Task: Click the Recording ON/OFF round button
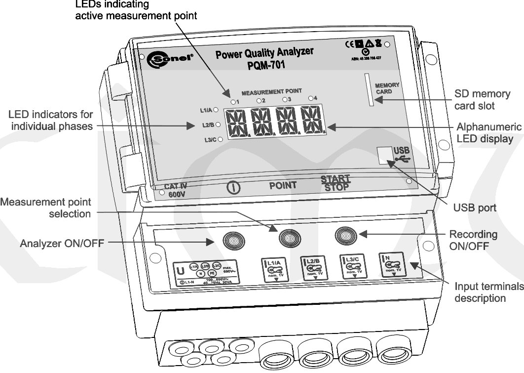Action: (x=345, y=235)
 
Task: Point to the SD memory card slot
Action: (x=368, y=89)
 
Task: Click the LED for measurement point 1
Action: (x=233, y=101)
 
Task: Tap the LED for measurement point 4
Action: (x=311, y=98)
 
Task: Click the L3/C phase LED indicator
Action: (x=220, y=140)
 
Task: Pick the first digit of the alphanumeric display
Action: (x=236, y=122)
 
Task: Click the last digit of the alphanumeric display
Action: (x=312, y=120)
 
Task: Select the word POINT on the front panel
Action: (x=283, y=186)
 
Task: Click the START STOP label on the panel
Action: (x=336, y=183)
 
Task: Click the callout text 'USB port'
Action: (x=475, y=208)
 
